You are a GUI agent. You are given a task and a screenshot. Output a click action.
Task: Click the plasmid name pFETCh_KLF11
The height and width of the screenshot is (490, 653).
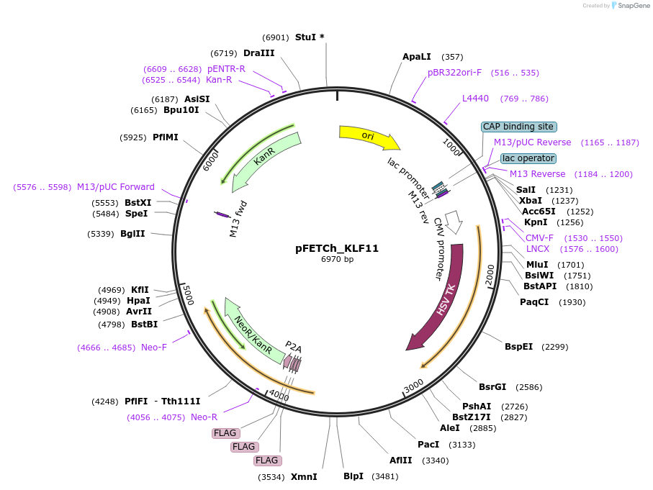point(337,248)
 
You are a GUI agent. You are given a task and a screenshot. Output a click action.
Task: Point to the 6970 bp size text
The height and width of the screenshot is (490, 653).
point(337,260)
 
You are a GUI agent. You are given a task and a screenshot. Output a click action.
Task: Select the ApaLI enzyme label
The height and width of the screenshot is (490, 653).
point(417,56)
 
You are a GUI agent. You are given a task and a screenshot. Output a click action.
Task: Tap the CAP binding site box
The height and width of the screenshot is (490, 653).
point(518,127)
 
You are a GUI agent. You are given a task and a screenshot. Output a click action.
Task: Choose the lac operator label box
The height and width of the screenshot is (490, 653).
point(528,158)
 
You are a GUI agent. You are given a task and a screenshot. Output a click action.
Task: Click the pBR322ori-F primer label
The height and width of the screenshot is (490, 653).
point(454,73)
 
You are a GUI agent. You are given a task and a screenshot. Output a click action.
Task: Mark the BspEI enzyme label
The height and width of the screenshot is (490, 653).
point(518,346)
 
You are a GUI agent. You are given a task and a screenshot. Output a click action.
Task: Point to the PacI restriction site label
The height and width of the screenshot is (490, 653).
point(428,444)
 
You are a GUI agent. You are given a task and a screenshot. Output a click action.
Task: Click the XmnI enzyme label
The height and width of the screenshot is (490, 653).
point(304,476)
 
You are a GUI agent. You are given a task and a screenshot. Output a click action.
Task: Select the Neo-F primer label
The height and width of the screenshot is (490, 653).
point(154,348)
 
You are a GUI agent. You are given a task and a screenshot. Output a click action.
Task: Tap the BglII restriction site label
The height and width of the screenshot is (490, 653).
point(132,234)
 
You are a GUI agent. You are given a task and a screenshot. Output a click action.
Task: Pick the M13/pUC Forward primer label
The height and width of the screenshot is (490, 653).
point(116,187)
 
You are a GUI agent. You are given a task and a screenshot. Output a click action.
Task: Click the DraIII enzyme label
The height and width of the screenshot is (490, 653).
point(258,53)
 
